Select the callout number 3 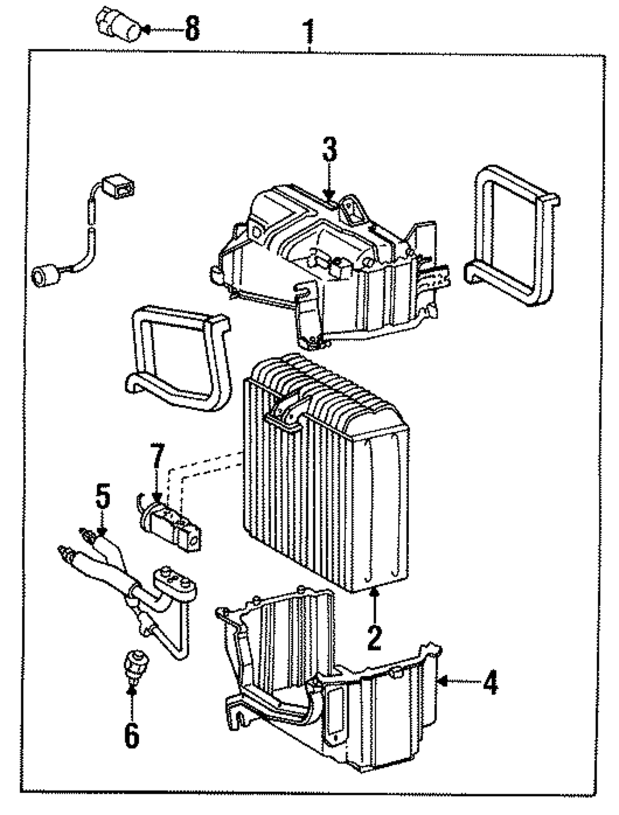click(329, 149)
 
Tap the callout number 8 click(193, 28)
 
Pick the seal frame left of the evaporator click(179, 358)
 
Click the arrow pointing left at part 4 click(459, 681)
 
